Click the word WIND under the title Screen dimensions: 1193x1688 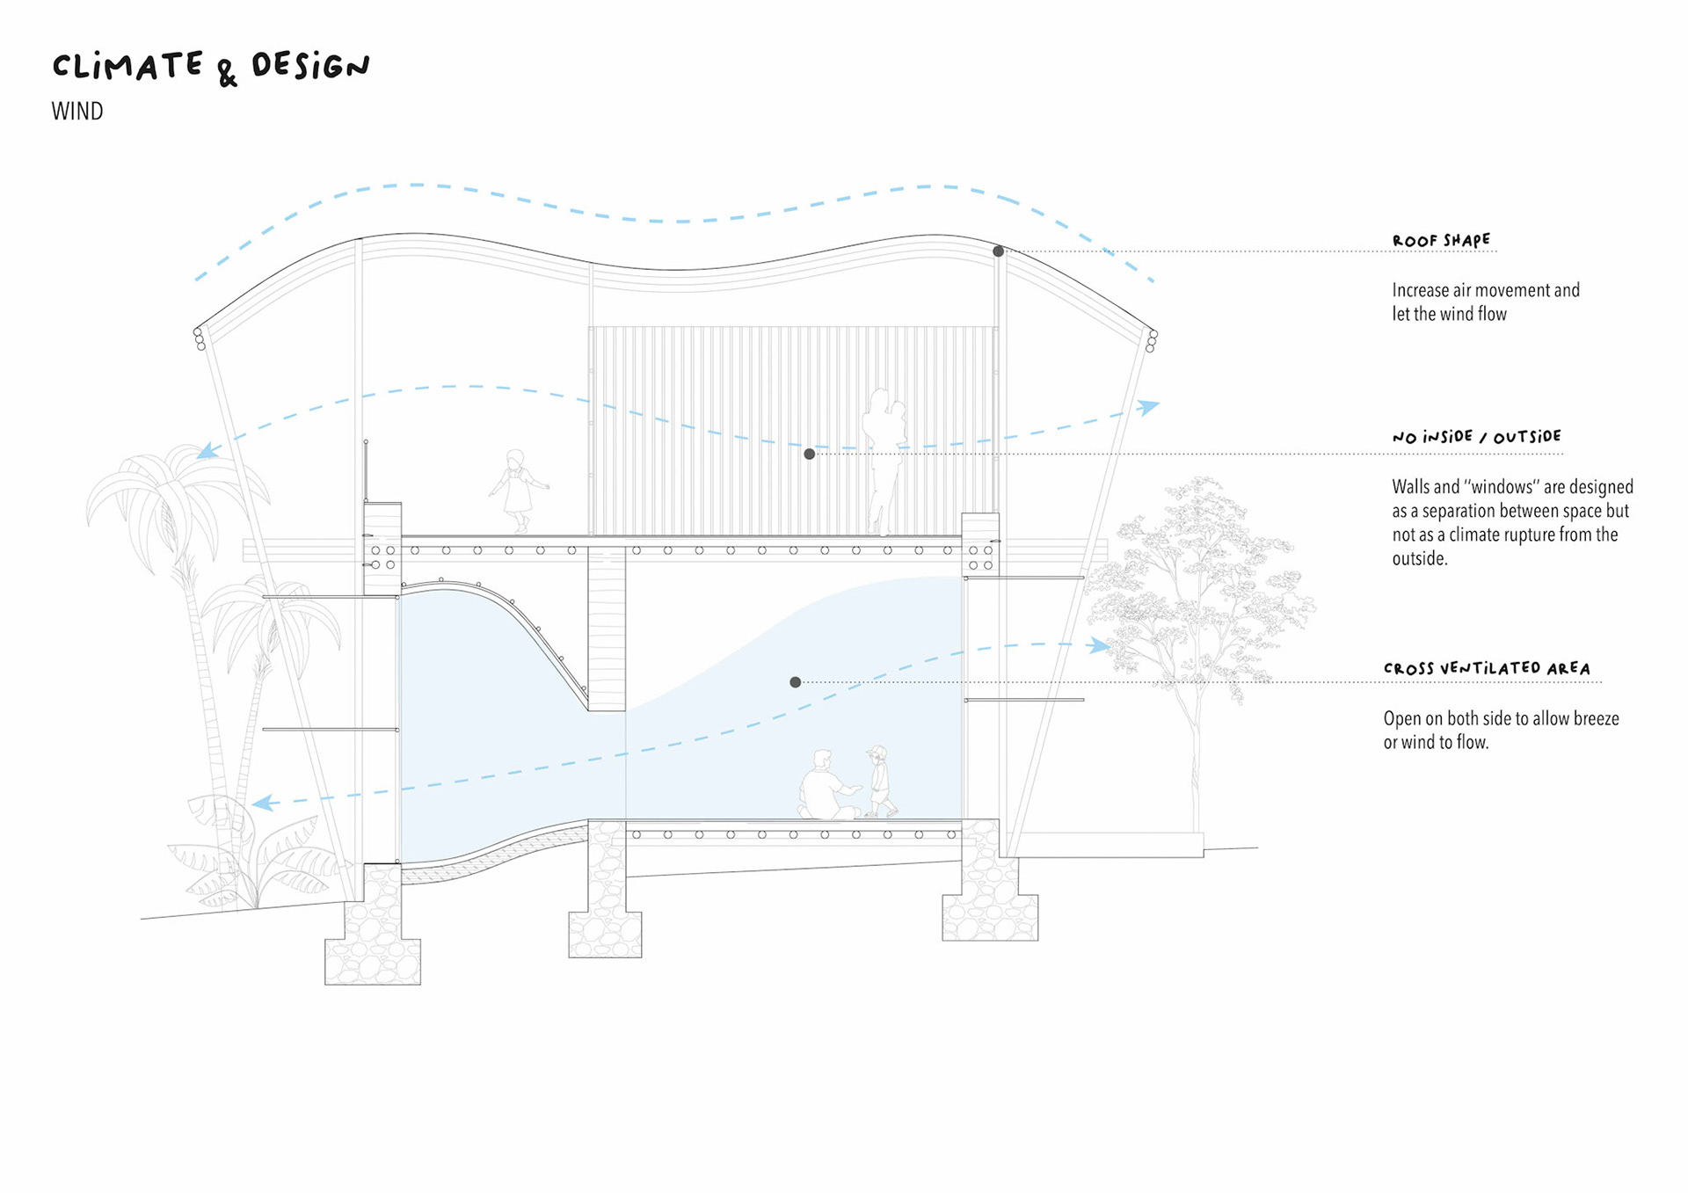[77, 112]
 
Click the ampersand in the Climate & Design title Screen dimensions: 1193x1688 [227, 72]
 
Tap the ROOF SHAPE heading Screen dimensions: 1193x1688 [1441, 240]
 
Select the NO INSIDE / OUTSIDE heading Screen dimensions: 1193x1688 [1476, 436]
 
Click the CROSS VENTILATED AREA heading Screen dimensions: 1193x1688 [1487, 668]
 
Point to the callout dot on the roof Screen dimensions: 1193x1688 [998, 251]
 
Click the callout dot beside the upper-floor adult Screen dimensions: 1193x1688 [809, 454]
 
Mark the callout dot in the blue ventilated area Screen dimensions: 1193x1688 [795, 682]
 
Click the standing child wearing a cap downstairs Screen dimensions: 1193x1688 [879, 781]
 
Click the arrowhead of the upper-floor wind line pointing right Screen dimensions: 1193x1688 [1147, 406]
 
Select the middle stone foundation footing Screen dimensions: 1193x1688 [605, 914]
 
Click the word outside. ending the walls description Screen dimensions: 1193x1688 [1419, 559]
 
